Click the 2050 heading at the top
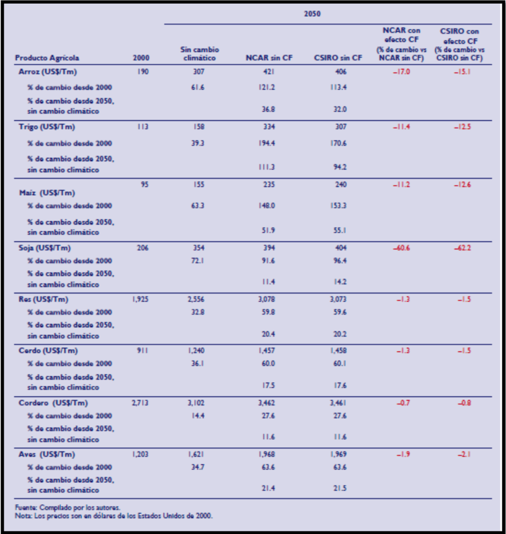(312, 14)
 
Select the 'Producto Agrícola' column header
(47, 58)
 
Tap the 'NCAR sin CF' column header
(268, 58)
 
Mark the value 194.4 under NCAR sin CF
(266, 143)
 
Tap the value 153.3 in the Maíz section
(340, 206)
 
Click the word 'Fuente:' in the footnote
(26, 507)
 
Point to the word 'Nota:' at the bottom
(23, 516)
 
